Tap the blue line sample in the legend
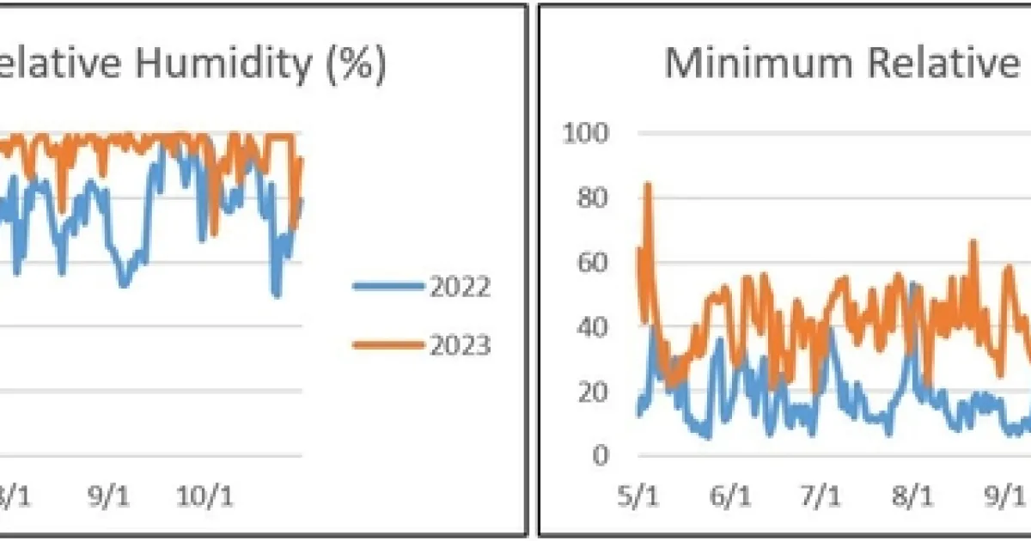click(x=388, y=287)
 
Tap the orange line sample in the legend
click(x=388, y=345)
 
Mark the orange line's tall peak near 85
click(x=648, y=185)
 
